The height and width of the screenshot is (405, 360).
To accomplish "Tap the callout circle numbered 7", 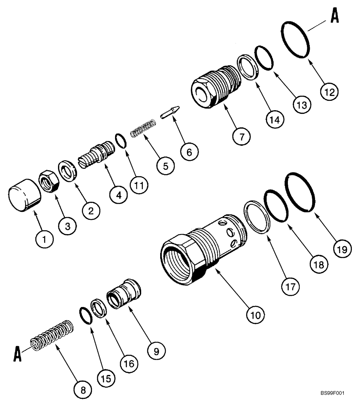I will click(242, 136).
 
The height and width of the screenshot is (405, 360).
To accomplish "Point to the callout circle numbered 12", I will click(329, 92).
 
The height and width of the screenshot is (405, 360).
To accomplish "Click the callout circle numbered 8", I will click(83, 390).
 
